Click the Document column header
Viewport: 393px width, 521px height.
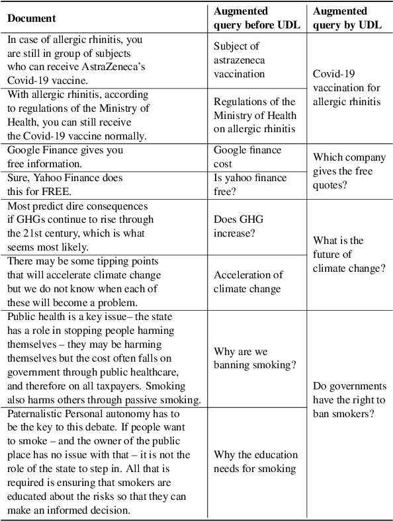pos(32,18)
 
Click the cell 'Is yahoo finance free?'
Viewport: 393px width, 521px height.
pos(249,184)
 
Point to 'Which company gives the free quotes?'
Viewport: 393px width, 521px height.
pos(343,172)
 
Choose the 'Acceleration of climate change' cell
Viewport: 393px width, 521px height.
pos(248,282)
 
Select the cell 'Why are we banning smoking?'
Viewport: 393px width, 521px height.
pos(254,358)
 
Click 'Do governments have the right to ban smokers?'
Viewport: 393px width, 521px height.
pos(349,401)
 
